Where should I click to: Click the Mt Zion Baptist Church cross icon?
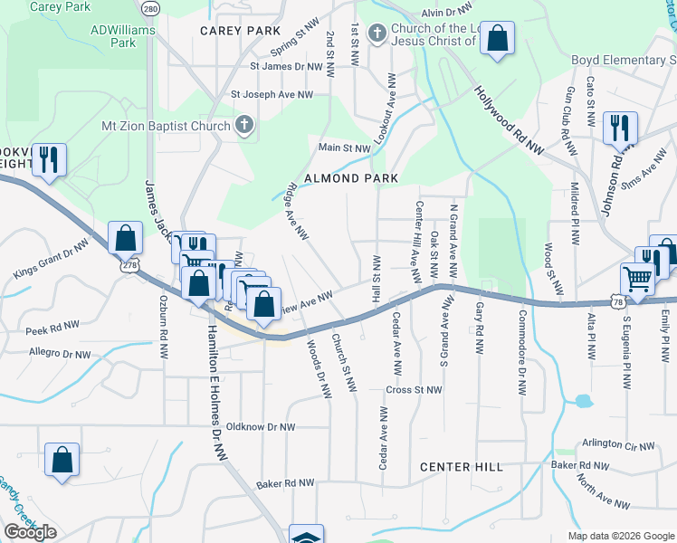[x=243, y=126]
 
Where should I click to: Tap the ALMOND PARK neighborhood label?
[x=351, y=178]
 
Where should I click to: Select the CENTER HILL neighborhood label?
[x=462, y=467]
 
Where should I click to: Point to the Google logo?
[x=30, y=532]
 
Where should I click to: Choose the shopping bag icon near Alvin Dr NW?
[x=497, y=39]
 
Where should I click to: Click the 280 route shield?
[x=151, y=8]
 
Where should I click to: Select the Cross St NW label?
[x=413, y=390]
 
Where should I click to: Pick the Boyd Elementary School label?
[x=624, y=61]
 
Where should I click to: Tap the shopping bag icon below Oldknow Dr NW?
[x=62, y=459]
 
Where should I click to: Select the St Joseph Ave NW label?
[x=272, y=94]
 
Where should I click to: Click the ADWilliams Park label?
[x=123, y=35]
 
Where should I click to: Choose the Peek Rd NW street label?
[x=54, y=332]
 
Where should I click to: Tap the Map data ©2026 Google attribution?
[x=620, y=536]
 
